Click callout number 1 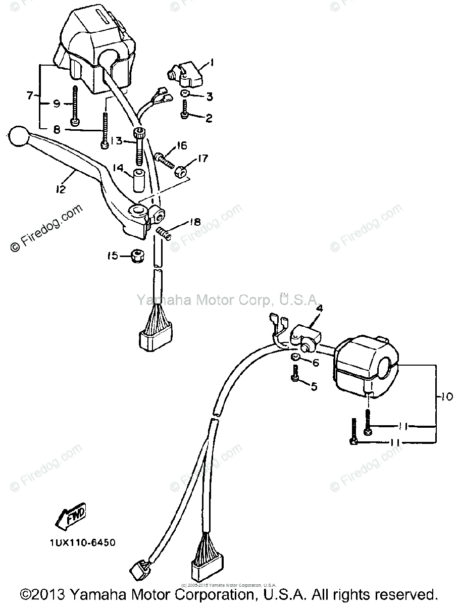[213, 63]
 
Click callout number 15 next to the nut [113, 256]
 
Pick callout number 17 [202, 159]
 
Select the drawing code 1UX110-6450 [82, 543]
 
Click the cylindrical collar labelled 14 [140, 182]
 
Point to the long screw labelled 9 [75, 106]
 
